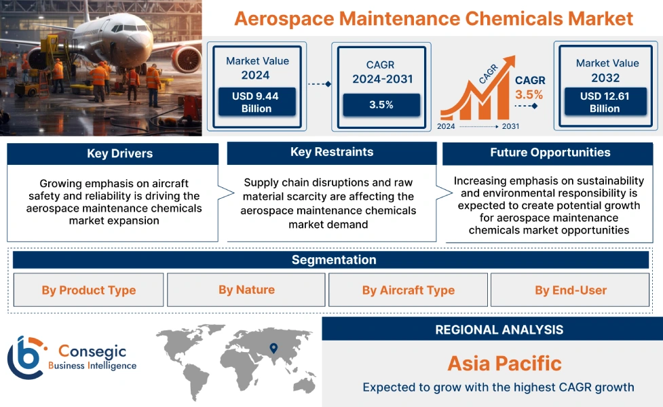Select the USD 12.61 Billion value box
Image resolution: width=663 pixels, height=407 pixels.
pyautogui.click(x=605, y=102)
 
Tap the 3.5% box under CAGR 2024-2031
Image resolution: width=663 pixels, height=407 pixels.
pyautogui.click(x=381, y=105)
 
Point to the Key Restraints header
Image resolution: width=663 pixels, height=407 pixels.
pyautogui.click(x=332, y=153)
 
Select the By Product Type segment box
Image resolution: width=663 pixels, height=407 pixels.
pyautogui.click(x=89, y=290)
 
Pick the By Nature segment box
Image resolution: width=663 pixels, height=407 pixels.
pyautogui.click(x=246, y=290)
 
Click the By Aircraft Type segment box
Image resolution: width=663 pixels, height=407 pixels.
pyautogui.click(x=408, y=290)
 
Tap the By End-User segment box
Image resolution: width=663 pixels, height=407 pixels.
pyautogui.click(x=570, y=290)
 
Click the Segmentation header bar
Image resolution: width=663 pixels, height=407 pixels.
pyautogui.click(x=333, y=260)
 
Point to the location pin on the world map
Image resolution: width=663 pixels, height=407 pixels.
pyautogui.click(x=273, y=348)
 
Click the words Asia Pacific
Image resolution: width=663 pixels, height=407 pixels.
pyautogui.click(x=504, y=363)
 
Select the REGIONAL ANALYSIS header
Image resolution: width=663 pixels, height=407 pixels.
pyautogui.click(x=499, y=330)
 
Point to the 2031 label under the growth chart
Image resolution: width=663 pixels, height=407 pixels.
pyautogui.click(x=510, y=126)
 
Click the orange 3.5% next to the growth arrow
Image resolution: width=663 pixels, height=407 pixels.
pyautogui.click(x=529, y=94)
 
